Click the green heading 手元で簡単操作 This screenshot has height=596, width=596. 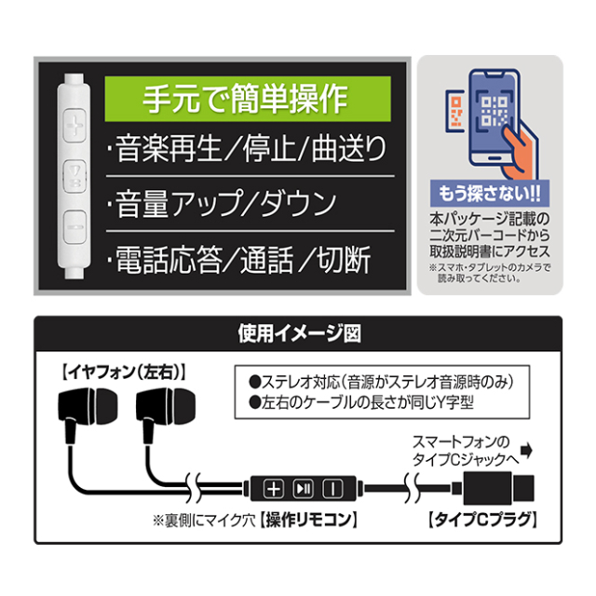coord(248,99)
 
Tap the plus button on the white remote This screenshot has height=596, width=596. coord(74,125)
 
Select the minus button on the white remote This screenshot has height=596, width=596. coord(74,227)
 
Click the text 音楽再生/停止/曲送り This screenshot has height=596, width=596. coord(248,148)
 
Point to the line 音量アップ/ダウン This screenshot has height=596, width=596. coord(222,203)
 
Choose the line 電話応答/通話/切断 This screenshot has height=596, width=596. coord(239,259)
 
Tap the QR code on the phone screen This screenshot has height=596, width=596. coord(494,112)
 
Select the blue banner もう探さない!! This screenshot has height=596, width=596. coord(490,194)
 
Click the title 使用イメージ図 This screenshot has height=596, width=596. coord(299,333)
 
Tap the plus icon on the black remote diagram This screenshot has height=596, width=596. coord(273,489)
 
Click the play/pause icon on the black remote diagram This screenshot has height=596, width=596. coord(304,489)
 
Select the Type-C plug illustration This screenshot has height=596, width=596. coord(494,488)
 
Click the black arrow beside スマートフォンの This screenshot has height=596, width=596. coord(527,450)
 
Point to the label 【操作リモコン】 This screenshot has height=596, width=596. coord(308,520)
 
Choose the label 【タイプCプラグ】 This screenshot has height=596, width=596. coord(482,520)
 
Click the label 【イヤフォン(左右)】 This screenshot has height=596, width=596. coord(124,372)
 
